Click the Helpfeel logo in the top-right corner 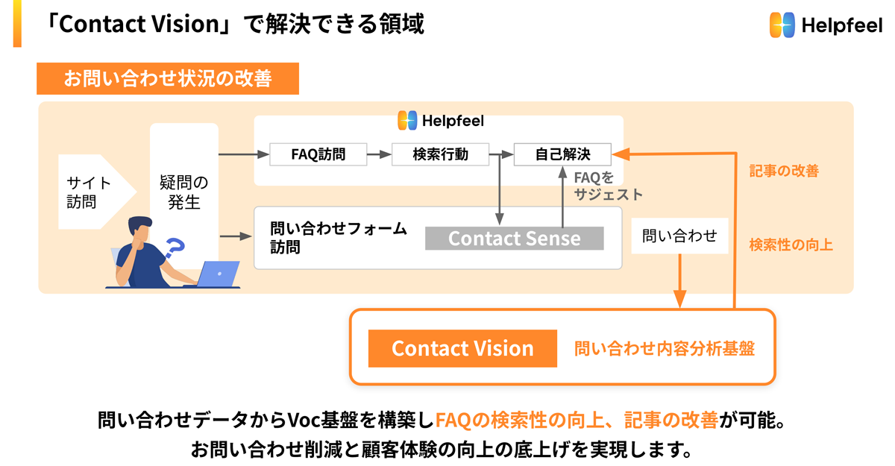pyautogui.click(x=824, y=25)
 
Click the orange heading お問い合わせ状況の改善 pyautogui.click(x=167, y=79)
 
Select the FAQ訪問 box pyautogui.click(x=318, y=154)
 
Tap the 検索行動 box pyautogui.click(x=440, y=154)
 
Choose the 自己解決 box pyautogui.click(x=562, y=154)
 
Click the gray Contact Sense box pyautogui.click(x=514, y=239)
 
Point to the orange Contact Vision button pyautogui.click(x=462, y=348)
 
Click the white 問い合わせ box pyautogui.click(x=679, y=236)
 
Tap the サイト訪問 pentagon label pyautogui.click(x=89, y=192)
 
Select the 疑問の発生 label pyautogui.click(x=183, y=192)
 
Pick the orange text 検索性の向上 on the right pyautogui.click(x=791, y=245)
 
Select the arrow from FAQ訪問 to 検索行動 pyautogui.click(x=380, y=155)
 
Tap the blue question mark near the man pyautogui.click(x=173, y=248)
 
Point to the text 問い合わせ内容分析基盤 pyautogui.click(x=664, y=348)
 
